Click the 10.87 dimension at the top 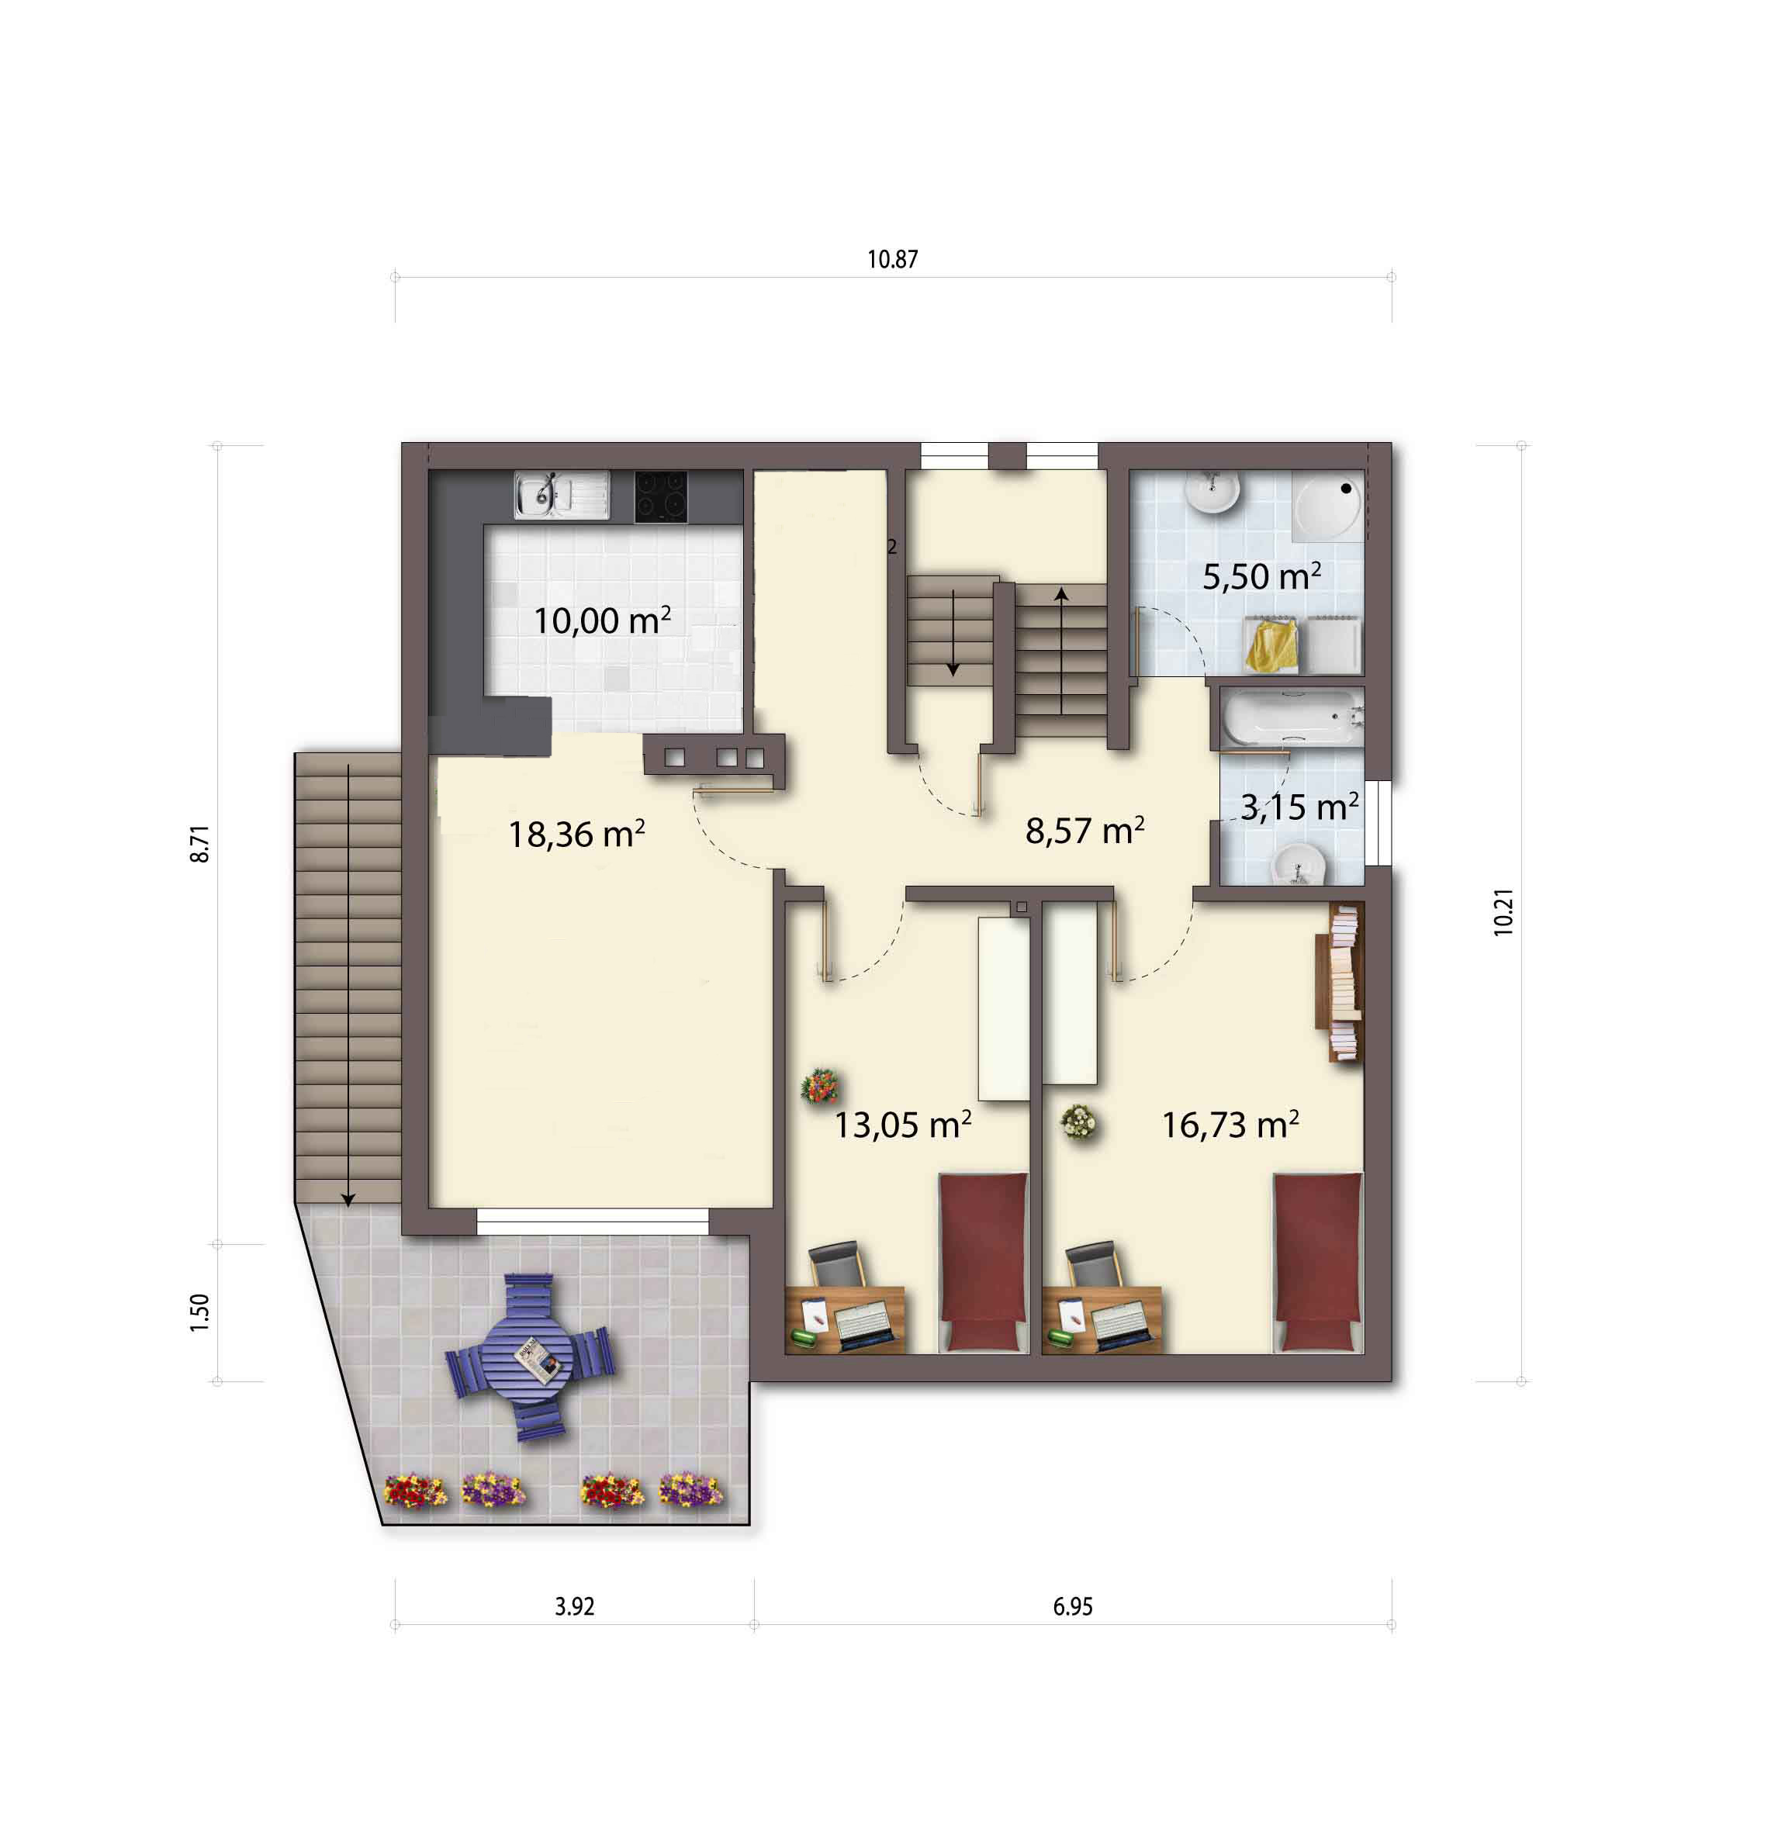point(891,259)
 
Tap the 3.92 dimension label point(574,1606)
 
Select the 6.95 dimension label point(1073,1606)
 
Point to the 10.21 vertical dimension point(1503,912)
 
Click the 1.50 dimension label point(199,1312)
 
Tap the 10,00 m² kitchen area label point(602,620)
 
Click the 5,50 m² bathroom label point(1262,576)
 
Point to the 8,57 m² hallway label point(1084,830)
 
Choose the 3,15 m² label point(1299,807)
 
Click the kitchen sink point(562,495)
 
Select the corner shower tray point(1327,506)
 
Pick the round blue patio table point(530,1357)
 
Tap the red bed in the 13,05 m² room point(984,1262)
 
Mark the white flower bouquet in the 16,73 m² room point(1078,1122)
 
